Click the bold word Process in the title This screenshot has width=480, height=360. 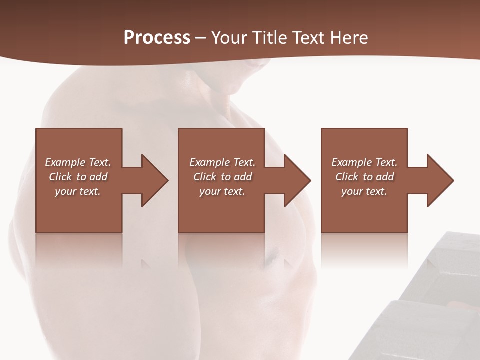(x=157, y=38)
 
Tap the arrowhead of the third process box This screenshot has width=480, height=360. (x=440, y=180)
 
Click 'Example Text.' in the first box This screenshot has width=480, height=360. (x=78, y=162)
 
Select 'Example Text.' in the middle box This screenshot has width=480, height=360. (x=222, y=162)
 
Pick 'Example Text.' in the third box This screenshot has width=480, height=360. (x=364, y=162)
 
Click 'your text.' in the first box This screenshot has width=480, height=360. (x=78, y=191)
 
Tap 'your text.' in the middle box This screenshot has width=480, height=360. (x=222, y=191)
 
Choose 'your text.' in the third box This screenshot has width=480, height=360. (x=364, y=191)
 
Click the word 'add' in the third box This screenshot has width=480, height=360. (x=385, y=177)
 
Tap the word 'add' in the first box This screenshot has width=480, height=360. (x=98, y=177)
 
